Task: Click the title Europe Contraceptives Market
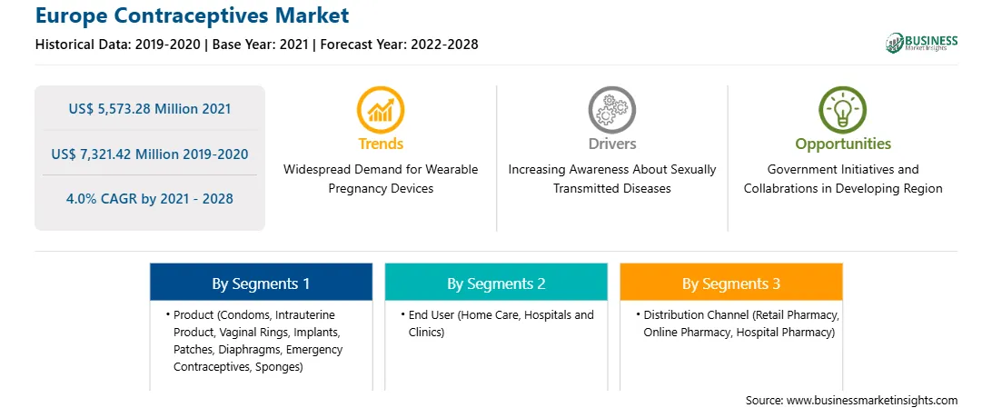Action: click(192, 15)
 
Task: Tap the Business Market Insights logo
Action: click(921, 43)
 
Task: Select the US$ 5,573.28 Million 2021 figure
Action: click(150, 108)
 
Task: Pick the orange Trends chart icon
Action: click(381, 110)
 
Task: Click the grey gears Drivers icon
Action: click(611, 110)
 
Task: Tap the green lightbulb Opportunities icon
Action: click(843, 110)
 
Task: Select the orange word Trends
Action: click(381, 144)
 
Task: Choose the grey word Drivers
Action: click(612, 144)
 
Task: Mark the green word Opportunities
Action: click(843, 144)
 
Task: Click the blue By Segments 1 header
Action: click(262, 282)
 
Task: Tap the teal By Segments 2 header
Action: click(497, 282)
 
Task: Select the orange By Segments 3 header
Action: click(731, 282)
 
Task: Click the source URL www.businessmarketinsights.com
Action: click(872, 400)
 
